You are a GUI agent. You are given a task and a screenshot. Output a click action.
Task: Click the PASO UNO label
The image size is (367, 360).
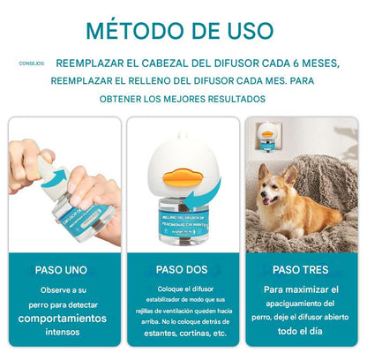61,269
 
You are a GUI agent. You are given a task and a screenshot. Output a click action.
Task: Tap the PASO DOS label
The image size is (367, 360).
183,269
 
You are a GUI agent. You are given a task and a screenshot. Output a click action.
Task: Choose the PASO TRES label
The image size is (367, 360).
298,269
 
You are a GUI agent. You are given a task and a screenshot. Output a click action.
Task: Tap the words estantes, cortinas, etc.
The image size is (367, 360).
183,334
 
